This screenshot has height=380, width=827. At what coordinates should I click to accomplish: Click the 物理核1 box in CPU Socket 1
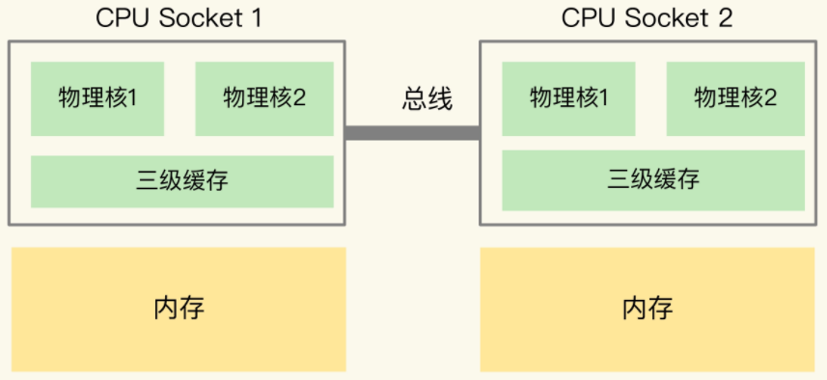[97, 98]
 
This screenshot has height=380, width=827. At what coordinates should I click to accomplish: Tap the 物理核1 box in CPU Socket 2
[568, 98]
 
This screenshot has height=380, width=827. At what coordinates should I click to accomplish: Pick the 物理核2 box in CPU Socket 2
[735, 98]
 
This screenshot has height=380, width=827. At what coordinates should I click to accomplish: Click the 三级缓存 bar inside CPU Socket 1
[181, 180]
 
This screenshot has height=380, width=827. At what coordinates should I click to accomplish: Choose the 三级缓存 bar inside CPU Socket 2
[652, 180]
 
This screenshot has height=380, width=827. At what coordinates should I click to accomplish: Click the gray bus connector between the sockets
[412, 133]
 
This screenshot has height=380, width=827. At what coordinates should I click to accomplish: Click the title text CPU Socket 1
[179, 17]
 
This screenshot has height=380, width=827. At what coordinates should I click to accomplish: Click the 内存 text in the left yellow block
[179, 309]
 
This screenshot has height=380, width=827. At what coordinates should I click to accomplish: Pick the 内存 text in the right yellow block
[648, 309]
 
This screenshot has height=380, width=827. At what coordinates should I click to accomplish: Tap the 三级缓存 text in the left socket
[181, 180]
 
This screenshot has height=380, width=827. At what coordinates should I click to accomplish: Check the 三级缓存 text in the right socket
[652, 180]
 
